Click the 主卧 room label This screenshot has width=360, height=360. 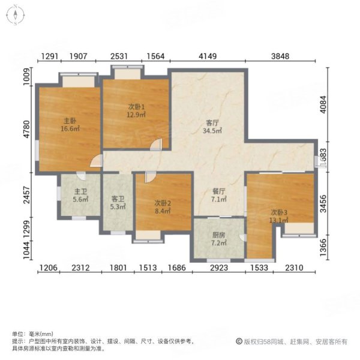[x=67, y=120]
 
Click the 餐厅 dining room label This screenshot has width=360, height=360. [x=218, y=191]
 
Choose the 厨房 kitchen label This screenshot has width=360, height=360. [x=218, y=235]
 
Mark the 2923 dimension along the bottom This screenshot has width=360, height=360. [x=218, y=268]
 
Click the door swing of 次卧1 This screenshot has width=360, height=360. [x=156, y=144]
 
